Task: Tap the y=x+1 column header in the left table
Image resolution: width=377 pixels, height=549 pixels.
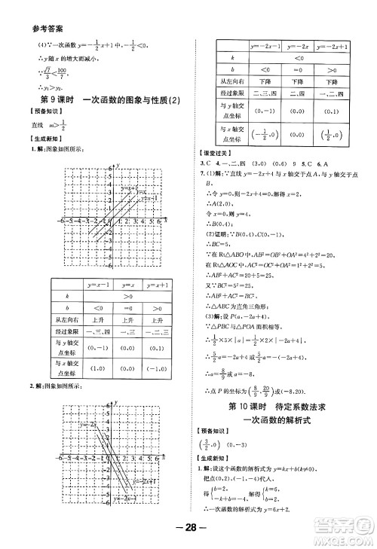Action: (165, 284)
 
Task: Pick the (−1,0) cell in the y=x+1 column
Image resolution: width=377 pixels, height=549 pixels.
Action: (165, 369)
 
